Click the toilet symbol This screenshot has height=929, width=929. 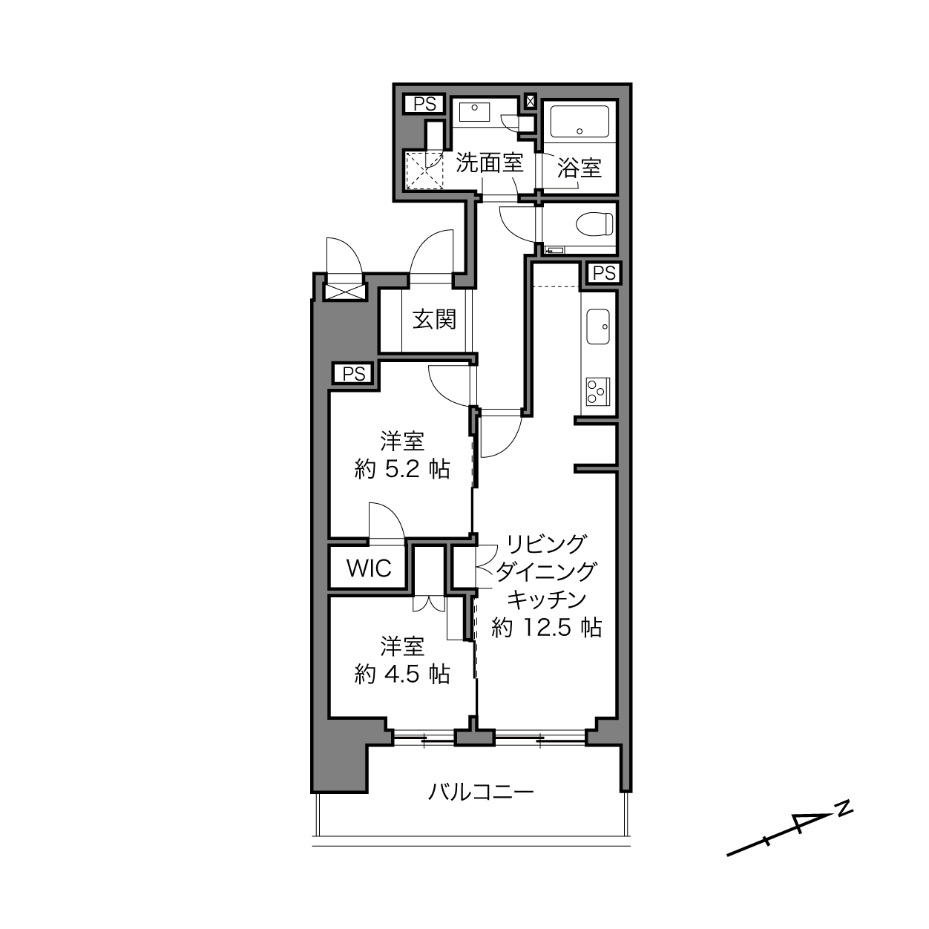(x=594, y=224)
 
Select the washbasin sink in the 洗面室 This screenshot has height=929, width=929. (x=474, y=112)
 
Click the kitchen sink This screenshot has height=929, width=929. (x=598, y=327)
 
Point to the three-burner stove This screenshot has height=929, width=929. (x=598, y=392)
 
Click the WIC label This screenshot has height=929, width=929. (x=369, y=568)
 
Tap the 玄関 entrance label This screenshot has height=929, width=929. (x=434, y=319)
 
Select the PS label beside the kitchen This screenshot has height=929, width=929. (x=605, y=273)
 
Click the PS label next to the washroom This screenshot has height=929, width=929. (x=424, y=104)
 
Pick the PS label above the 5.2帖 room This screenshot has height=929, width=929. (x=355, y=374)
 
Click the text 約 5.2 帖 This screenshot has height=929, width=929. (x=402, y=469)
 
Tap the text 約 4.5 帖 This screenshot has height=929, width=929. (x=402, y=674)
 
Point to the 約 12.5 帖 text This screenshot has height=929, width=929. (x=546, y=628)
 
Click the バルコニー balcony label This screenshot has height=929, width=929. (x=481, y=792)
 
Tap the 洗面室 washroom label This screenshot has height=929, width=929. (x=489, y=163)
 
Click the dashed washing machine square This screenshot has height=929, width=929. (x=424, y=170)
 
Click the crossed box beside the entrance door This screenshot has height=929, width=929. (x=344, y=291)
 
